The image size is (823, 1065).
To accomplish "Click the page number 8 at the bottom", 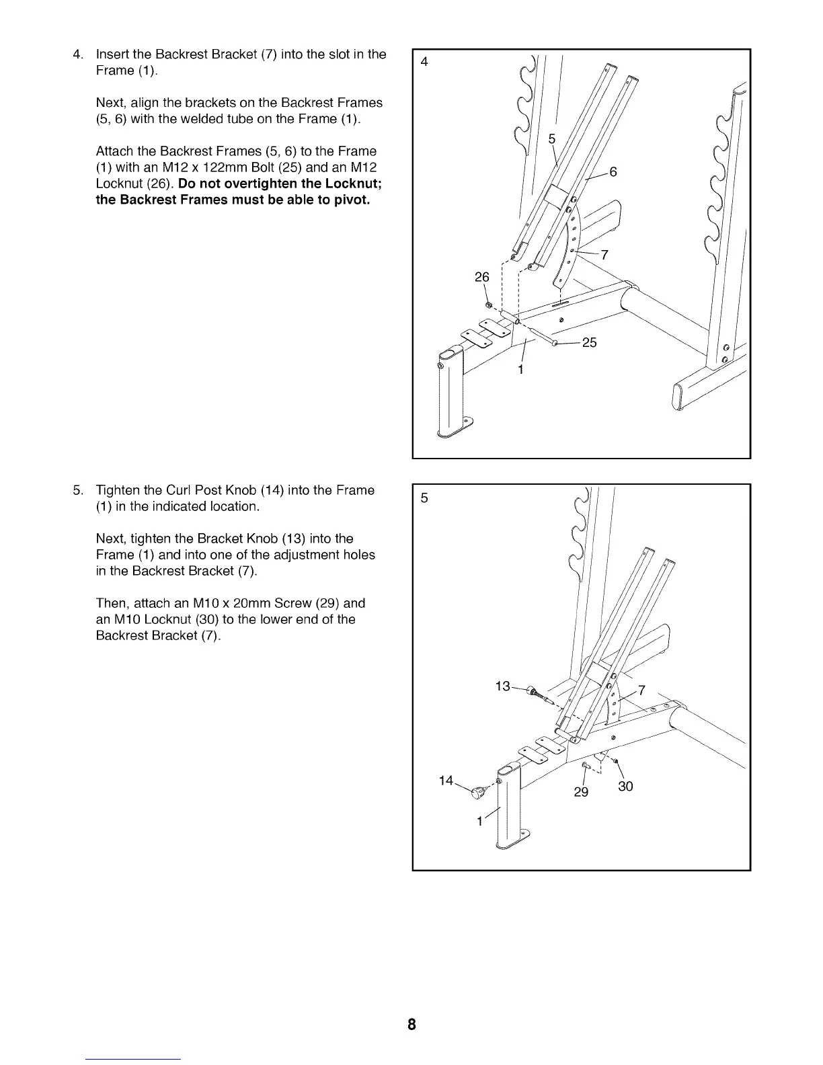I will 412,1025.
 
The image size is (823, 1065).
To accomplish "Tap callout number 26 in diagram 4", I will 482,277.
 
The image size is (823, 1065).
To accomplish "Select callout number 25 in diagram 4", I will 589,343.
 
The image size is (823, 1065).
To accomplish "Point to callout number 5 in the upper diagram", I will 552,139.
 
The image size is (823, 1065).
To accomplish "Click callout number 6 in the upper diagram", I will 613,172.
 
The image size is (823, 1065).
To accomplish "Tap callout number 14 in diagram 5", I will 446,781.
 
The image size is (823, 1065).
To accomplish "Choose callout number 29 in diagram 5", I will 581,792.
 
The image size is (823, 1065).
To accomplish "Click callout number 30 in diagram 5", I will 625,787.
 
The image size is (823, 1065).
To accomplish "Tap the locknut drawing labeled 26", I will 489,306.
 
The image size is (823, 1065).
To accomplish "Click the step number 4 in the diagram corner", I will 424,63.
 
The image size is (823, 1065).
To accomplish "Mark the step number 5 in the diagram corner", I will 424,498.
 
